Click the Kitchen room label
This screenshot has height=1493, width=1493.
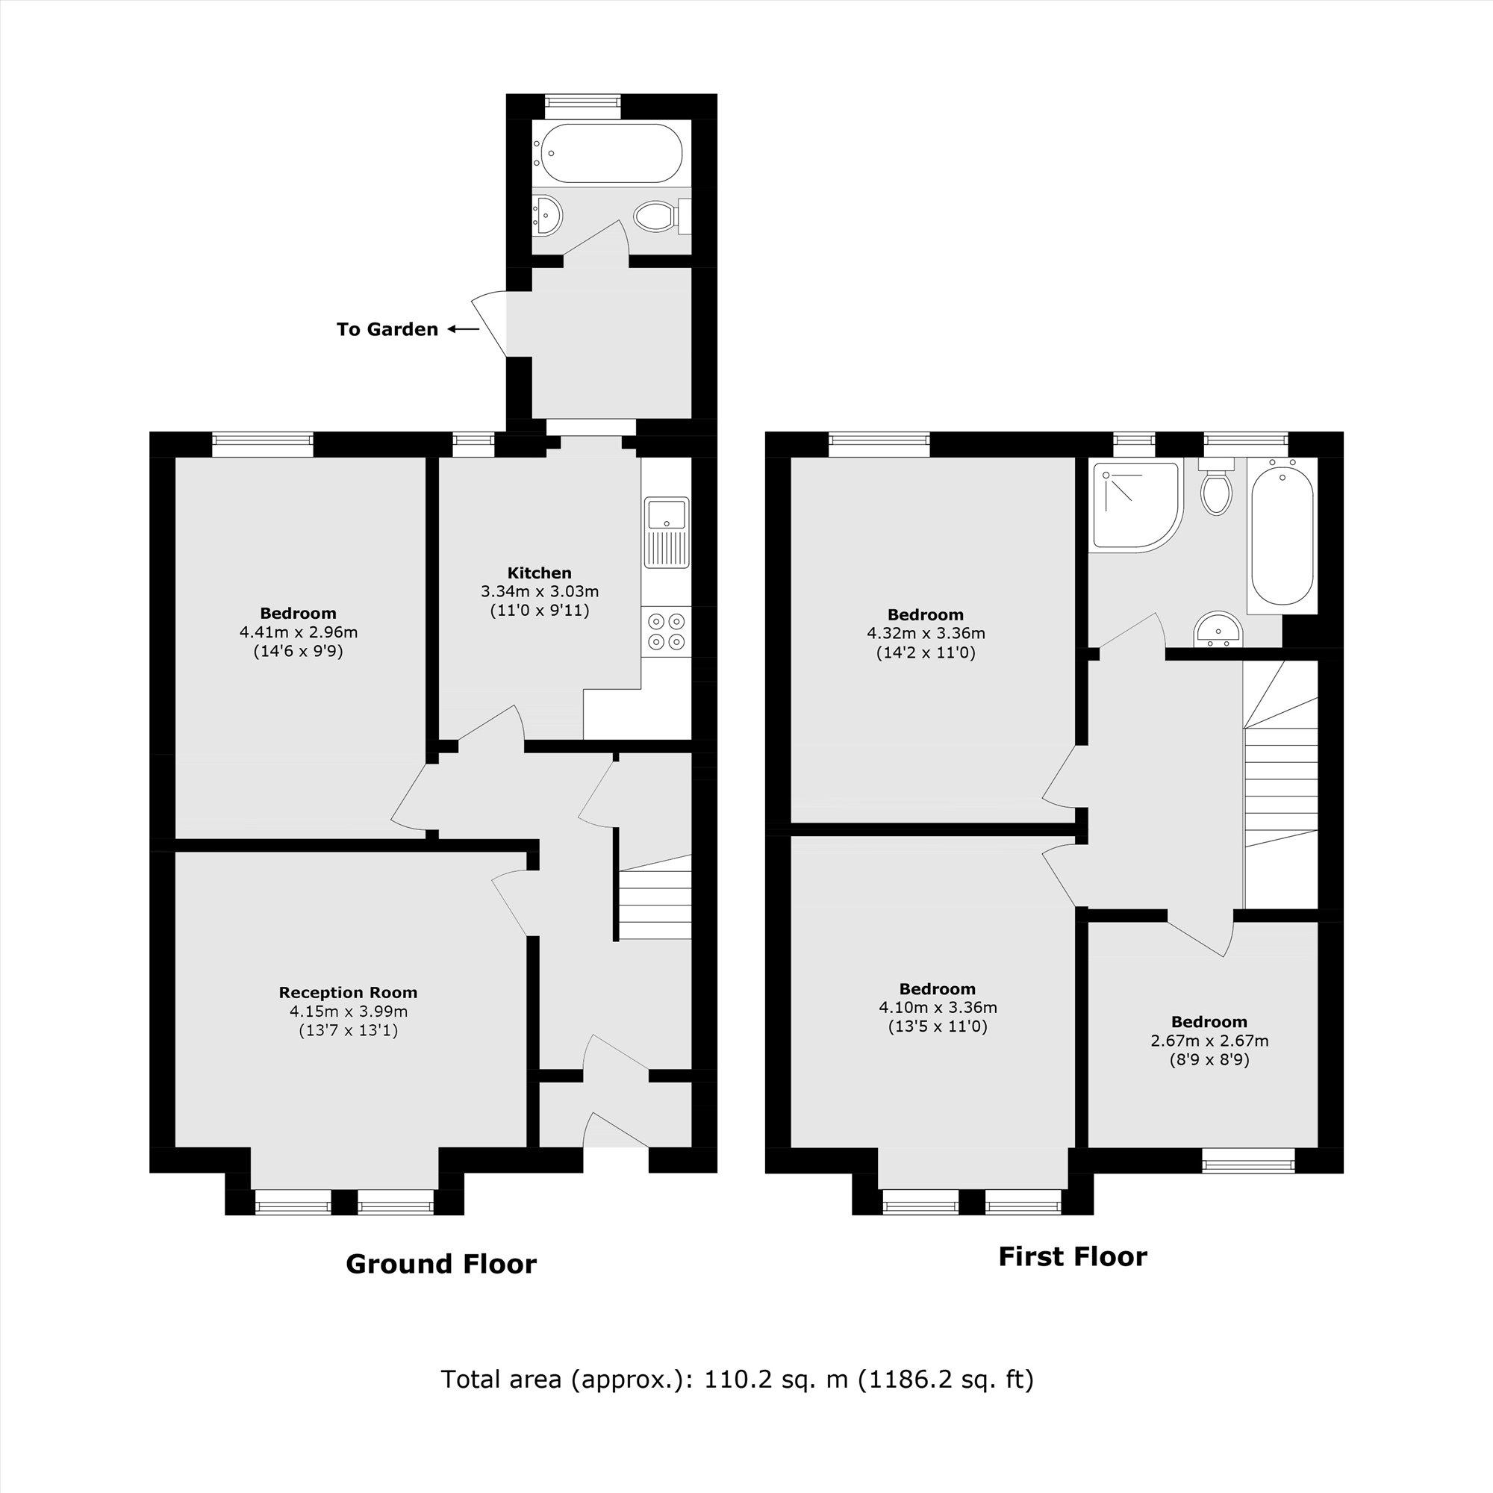(540, 573)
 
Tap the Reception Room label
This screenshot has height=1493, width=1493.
(348, 992)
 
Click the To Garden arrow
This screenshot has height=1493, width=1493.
(464, 329)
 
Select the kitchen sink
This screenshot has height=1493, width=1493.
(666, 532)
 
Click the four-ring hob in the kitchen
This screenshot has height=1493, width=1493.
(666, 631)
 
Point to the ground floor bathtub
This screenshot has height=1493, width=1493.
(611, 153)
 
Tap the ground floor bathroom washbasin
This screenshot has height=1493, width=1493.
(547, 215)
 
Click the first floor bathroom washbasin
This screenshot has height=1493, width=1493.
(1218, 629)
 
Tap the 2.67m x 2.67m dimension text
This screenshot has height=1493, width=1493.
(1209, 1041)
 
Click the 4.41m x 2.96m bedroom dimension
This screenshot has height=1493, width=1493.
(299, 632)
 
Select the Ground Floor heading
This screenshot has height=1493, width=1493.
(440, 1264)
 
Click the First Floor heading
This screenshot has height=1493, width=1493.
(1073, 1256)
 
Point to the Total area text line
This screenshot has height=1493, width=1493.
(737, 1379)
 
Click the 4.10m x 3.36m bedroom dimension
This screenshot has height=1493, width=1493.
(938, 1008)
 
